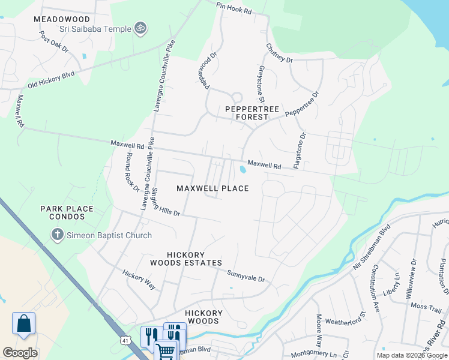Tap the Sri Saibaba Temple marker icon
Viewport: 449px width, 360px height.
141,28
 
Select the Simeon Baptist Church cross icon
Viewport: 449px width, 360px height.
58,235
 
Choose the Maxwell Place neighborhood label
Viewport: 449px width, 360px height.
212,188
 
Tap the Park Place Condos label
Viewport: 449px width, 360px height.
67,213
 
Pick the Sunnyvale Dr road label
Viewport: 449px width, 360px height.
246,276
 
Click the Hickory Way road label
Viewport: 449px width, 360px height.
139,280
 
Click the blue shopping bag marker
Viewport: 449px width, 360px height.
23,323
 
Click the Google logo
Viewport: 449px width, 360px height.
20,352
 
